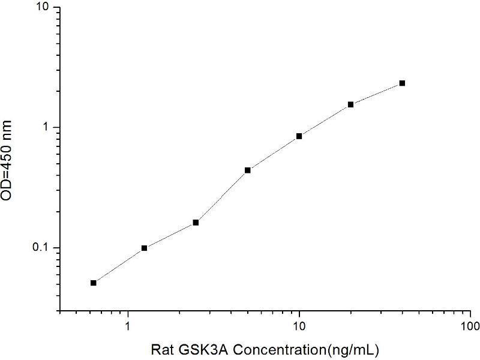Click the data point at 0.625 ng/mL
94,283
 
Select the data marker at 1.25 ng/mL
145,248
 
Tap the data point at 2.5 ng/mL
196,223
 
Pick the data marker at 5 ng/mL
247,170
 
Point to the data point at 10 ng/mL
299,136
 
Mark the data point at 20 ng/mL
350,104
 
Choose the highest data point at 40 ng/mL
402,83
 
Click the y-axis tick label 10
44,7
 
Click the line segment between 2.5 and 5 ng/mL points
221,196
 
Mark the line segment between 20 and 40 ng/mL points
376,94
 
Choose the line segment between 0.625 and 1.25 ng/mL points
119,265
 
